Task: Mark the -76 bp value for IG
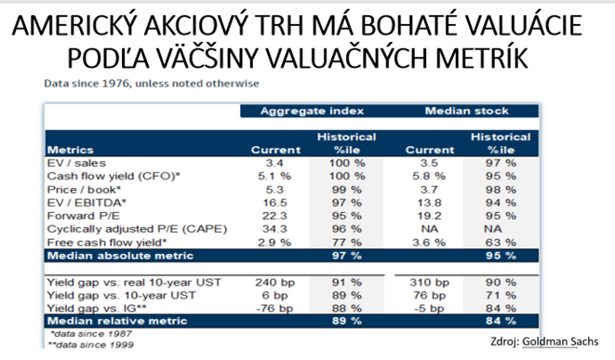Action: (271, 306)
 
